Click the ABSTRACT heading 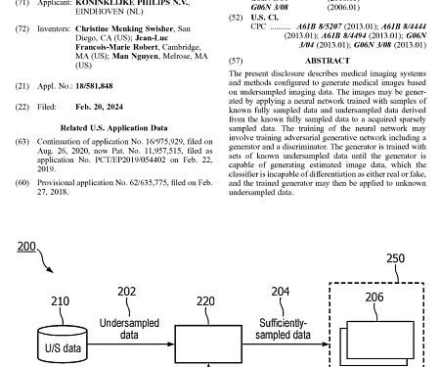327,61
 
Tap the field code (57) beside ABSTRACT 236,61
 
